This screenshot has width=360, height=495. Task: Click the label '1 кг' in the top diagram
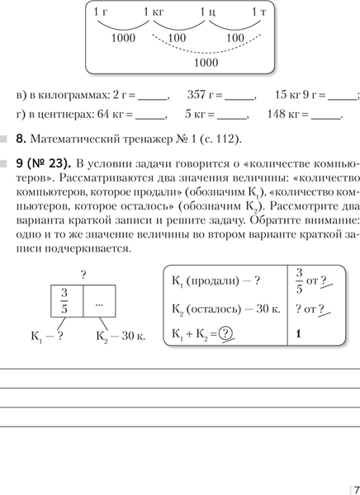click(x=154, y=12)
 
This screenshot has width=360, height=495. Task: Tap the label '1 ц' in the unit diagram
click(x=207, y=12)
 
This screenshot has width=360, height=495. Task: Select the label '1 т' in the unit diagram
click(x=259, y=12)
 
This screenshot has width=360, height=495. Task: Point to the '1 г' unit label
click(x=101, y=12)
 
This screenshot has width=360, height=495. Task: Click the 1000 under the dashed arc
click(x=206, y=62)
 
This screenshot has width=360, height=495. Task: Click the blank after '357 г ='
click(x=240, y=96)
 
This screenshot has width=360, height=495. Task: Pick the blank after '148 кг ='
click(x=327, y=115)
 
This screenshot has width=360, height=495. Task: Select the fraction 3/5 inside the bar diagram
click(x=64, y=300)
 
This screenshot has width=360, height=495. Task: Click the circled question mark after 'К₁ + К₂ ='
click(x=224, y=336)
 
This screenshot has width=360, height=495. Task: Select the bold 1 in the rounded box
click(x=296, y=336)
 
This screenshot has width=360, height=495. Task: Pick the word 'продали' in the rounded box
click(x=214, y=280)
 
